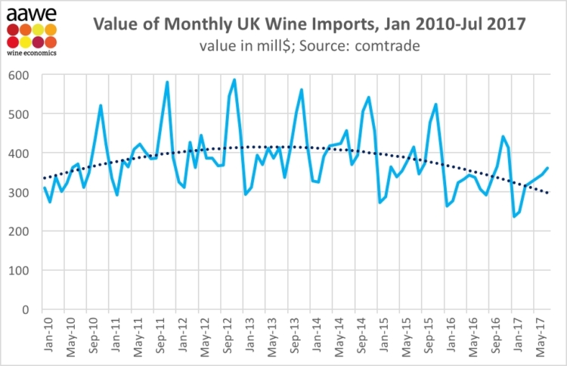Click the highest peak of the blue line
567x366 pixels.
tap(234, 79)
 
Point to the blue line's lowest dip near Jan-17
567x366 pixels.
tap(513, 216)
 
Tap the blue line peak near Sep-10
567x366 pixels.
tap(101, 106)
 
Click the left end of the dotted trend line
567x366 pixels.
tap(44, 178)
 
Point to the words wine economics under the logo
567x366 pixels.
tap(31, 54)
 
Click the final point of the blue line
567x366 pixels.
tap(547, 168)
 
